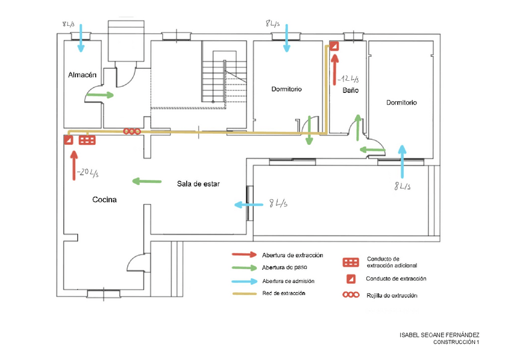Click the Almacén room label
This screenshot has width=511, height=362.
click(x=82, y=75)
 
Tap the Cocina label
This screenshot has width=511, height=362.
click(x=104, y=200)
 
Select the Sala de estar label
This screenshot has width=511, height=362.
click(x=198, y=184)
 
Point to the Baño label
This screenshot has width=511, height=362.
click(x=350, y=91)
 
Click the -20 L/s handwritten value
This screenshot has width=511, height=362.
click(x=87, y=173)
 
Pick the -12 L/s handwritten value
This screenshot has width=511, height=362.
click(x=348, y=79)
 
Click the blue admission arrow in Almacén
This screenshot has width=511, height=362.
click(x=81, y=38)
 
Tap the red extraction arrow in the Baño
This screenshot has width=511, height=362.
click(x=334, y=69)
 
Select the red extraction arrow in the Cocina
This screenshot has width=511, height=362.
click(x=74, y=165)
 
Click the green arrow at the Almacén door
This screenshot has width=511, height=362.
click(x=99, y=95)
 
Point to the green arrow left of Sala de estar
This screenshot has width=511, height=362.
click(x=146, y=181)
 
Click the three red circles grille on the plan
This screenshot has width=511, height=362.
click(x=132, y=132)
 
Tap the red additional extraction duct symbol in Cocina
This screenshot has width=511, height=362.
click(x=87, y=140)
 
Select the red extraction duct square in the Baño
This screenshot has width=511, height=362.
click(x=334, y=46)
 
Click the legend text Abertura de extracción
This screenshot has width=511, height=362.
click(x=292, y=255)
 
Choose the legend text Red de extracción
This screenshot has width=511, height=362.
click(x=284, y=293)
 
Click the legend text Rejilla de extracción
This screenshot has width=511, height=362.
click(x=392, y=296)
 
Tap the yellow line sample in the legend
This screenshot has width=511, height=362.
click(x=245, y=293)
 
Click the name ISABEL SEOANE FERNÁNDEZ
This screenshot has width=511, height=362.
click(x=439, y=335)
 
